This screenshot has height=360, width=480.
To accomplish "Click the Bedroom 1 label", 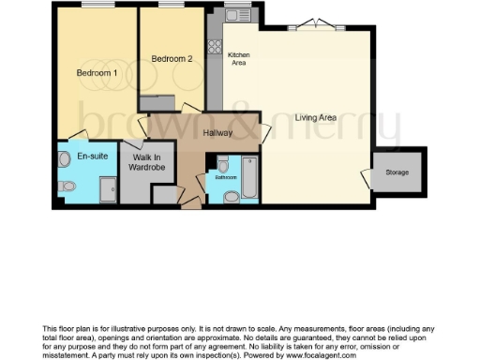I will point(97,73).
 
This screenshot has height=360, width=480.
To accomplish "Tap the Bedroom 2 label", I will point(172,59).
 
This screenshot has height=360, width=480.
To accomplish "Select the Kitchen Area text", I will point(237,59).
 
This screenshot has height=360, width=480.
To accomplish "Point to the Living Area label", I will point(316,118).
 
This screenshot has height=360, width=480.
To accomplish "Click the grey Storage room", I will point(397,172).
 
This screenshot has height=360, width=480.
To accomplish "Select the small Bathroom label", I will point(226,176).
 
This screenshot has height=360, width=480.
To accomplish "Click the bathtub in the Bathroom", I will point(250,178).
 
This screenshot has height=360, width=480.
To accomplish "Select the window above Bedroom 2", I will point(173,7).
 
